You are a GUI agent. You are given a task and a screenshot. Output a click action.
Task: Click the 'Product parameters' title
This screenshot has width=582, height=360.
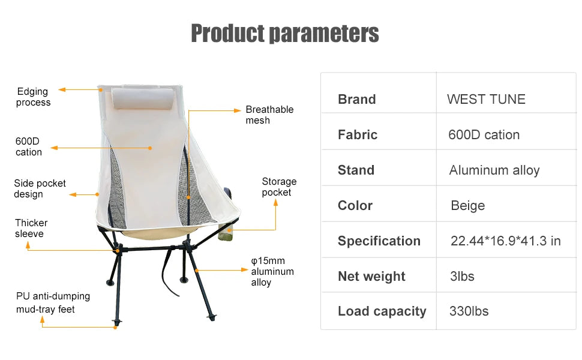(x=284, y=34)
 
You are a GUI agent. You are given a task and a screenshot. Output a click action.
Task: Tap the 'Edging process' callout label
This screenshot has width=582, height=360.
(x=33, y=97)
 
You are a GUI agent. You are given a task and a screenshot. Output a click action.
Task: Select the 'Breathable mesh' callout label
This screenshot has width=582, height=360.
(x=269, y=115)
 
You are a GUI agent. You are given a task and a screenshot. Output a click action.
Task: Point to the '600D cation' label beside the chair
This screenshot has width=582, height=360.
(x=29, y=147)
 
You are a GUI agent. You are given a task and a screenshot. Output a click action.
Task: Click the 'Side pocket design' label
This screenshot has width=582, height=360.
(x=40, y=188)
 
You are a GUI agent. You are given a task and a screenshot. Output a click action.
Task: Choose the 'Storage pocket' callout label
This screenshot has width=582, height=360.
(x=279, y=187)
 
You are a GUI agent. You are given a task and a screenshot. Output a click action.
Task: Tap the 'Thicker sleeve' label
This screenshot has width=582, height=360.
(x=31, y=228)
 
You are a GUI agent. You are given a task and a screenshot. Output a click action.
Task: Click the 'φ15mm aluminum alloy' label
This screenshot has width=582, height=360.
(x=272, y=272)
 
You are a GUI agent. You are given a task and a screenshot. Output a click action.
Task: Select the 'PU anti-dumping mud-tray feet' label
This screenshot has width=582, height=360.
(x=53, y=302)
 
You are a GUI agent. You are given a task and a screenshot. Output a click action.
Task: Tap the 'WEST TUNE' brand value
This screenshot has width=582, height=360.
(x=486, y=100)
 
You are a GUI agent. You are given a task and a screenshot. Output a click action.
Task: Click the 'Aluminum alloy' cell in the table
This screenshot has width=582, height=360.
(x=494, y=170)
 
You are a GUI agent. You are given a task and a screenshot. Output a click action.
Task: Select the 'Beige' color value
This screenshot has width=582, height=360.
(x=467, y=206)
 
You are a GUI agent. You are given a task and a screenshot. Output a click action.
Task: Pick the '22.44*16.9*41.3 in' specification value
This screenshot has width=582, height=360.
(x=505, y=241)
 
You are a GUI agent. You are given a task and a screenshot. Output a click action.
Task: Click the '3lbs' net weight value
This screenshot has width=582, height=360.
(x=462, y=276)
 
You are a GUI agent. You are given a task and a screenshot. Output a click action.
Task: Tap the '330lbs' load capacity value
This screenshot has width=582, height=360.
(x=469, y=311)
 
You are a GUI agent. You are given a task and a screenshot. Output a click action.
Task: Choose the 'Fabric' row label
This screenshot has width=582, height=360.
(x=358, y=135)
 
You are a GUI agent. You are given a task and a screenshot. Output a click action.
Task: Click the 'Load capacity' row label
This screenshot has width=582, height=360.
(x=382, y=311)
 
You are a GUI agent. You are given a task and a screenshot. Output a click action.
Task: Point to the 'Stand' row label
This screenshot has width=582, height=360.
(x=356, y=170)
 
